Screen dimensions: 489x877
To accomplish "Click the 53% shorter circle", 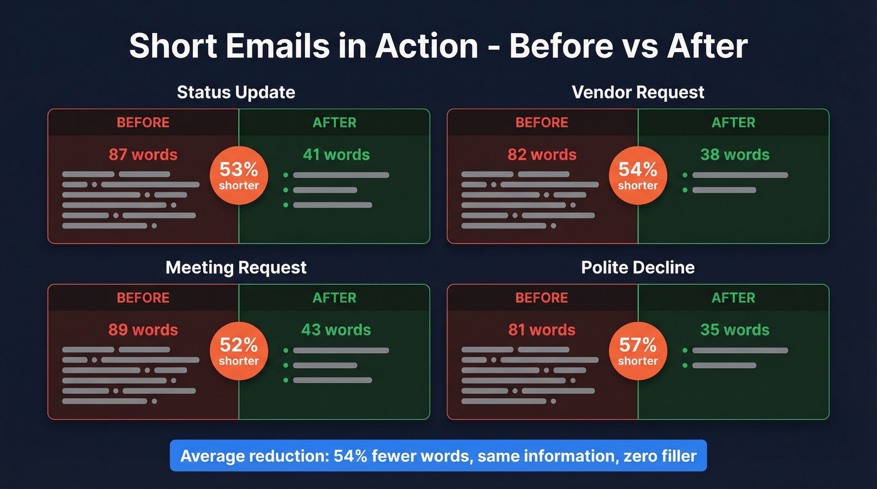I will click(239, 176).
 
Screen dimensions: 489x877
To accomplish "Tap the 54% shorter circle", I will click(638, 176).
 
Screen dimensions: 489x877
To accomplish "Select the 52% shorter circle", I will click(239, 351).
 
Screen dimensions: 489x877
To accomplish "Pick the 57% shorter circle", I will click(638, 351).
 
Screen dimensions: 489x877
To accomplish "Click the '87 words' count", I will click(143, 155).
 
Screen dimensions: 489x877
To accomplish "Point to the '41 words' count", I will click(336, 155).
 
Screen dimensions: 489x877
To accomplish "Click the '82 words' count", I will click(542, 155).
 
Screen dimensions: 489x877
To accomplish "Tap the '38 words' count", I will click(735, 155).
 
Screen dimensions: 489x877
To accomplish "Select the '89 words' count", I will click(143, 330).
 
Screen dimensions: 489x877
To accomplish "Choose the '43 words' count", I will click(336, 330).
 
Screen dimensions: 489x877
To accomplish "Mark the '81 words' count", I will click(542, 330).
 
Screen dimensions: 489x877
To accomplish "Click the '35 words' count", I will click(735, 330).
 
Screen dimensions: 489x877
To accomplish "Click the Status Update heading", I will click(236, 93).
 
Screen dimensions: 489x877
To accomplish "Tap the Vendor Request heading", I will click(638, 93).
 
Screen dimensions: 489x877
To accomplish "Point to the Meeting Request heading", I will click(236, 268).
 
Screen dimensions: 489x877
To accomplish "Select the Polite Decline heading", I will click(638, 268).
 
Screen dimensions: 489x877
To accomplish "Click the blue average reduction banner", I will click(438, 455).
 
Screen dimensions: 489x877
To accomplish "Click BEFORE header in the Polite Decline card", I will click(542, 297).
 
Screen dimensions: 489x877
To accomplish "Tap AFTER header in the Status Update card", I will click(335, 122).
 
